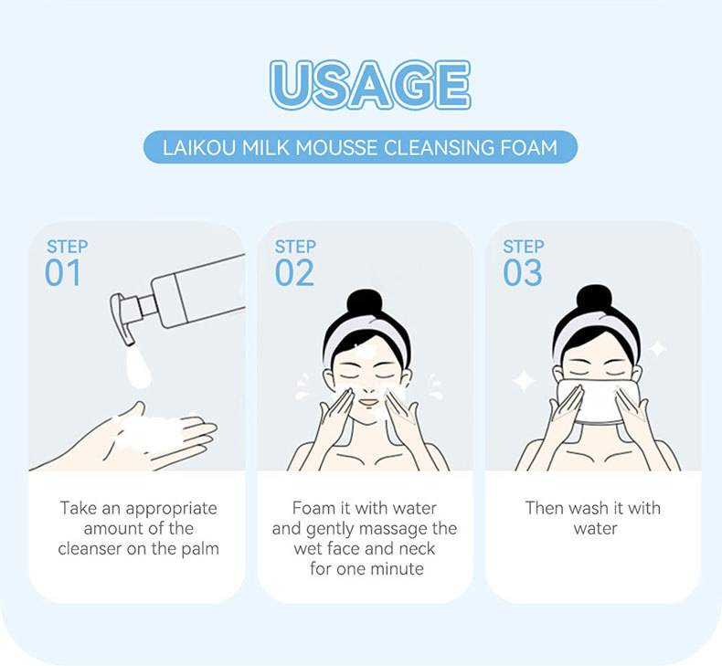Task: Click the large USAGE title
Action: click(x=370, y=85)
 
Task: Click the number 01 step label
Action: click(x=63, y=273)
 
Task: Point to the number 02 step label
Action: click(x=294, y=273)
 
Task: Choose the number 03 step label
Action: click(x=523, y=273)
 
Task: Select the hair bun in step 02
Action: click(x=365, y=303)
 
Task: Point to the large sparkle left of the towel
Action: click(x=523, y=380)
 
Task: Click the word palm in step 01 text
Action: click(x=199, y=549)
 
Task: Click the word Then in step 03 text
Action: click(x=545, y=508)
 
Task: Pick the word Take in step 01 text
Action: click(x=78, y=508)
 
